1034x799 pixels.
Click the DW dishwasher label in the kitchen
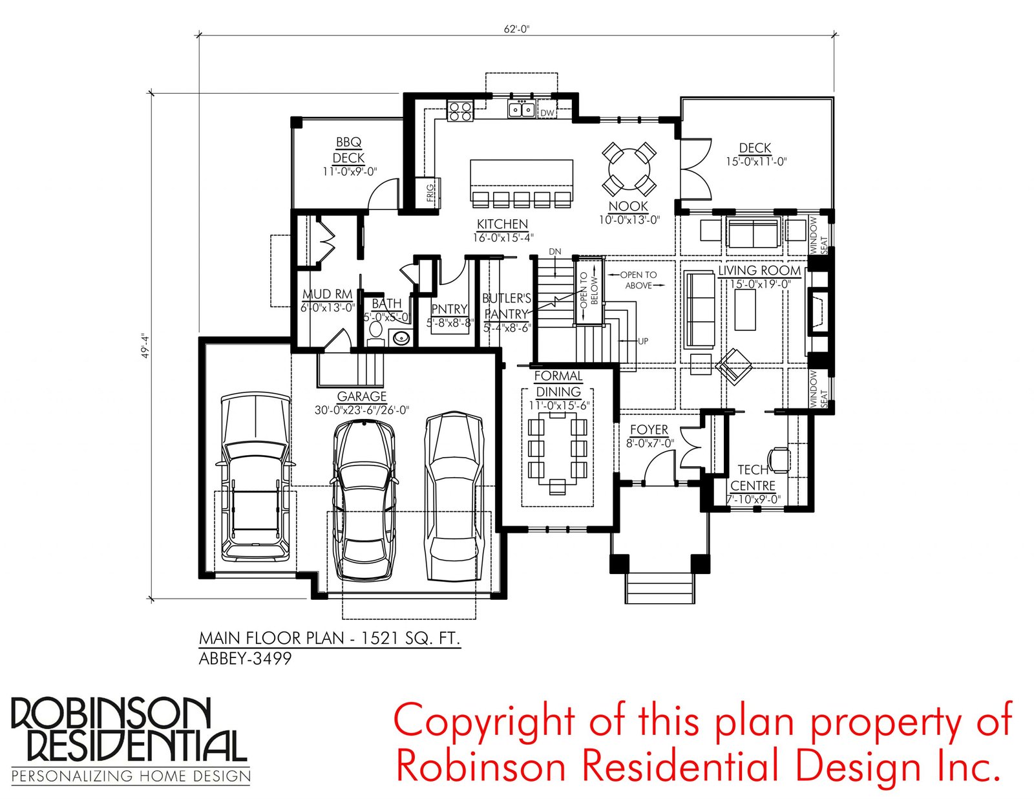547,112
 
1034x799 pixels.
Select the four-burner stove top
459,111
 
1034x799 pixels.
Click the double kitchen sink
522,109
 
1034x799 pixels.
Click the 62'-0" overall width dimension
516,29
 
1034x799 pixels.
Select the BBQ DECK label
349,149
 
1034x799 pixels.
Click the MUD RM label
328,294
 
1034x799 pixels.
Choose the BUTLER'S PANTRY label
506,306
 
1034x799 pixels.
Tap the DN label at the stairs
555,251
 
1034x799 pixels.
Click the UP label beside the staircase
642,341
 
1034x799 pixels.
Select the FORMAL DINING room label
558,383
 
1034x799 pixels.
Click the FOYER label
649,430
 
